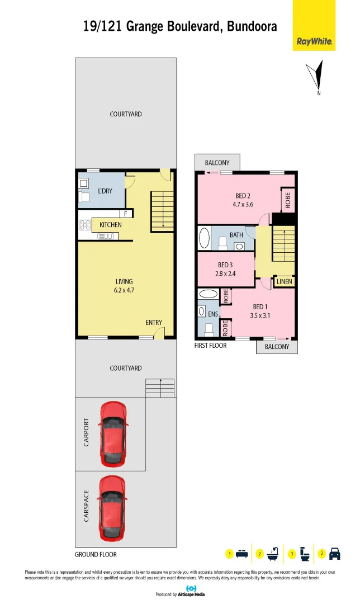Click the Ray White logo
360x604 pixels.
(x=314, y=41)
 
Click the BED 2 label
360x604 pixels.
(x=243, y=196)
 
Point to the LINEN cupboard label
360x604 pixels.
(x=284, y=282)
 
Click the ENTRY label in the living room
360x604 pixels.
(x=154, y=323)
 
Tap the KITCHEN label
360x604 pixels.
(x=111, y=225)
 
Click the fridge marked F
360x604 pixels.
(x=126, y=214)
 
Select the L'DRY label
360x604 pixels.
(x=105, y=191)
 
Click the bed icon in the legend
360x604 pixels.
(x=242, y=554)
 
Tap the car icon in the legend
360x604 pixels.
(x=335, y=554)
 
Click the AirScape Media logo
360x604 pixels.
(x=191, y=591)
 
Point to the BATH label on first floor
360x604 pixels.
(x=236, y=235)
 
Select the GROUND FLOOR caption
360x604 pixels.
(x=96, y=555)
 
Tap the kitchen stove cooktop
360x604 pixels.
(x=85, y=225)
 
